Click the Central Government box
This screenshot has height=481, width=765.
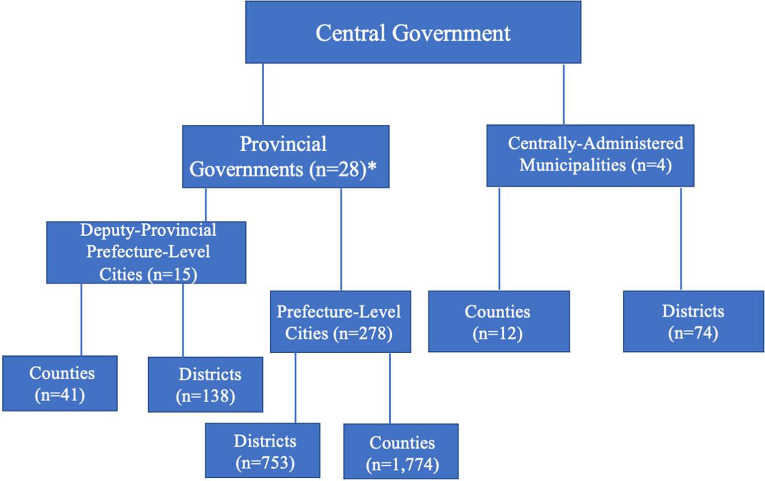(413, 32)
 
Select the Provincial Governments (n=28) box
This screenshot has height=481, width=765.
(286, 156)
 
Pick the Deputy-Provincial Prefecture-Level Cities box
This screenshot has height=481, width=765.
(146, 252)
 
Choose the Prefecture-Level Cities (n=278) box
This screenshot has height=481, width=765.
(340, 321)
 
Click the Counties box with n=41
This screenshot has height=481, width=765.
(60, 383)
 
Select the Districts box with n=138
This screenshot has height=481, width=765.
(206, 384)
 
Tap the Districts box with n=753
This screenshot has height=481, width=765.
(262, 450)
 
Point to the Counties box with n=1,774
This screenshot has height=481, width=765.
(400, 451)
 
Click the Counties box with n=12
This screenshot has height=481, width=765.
(499, 321)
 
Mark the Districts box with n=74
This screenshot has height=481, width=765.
(693, 321)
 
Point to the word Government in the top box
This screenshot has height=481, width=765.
(450, 33)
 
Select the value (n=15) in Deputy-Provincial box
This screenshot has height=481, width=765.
(172, 274)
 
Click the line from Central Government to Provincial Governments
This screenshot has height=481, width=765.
(263, 94)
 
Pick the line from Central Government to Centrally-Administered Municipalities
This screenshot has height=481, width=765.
(563, 94)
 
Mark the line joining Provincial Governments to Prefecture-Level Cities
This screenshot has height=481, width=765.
(341, 239)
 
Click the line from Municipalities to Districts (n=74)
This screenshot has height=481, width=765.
(681, 239)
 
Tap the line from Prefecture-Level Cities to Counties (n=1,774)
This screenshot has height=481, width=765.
(390, 388)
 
